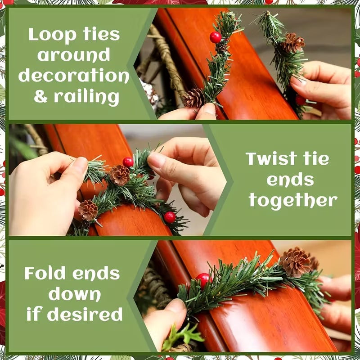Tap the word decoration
[74, 76]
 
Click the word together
[293, 200]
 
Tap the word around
[74, 55]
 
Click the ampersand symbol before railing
[41, 97]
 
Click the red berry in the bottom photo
[203, 279]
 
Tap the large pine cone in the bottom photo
[295, 262]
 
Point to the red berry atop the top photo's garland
[216, 37]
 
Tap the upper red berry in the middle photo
[128, 162]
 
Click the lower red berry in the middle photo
[170, 217]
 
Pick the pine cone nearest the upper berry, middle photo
[120, 175]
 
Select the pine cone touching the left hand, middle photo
[88, 210]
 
